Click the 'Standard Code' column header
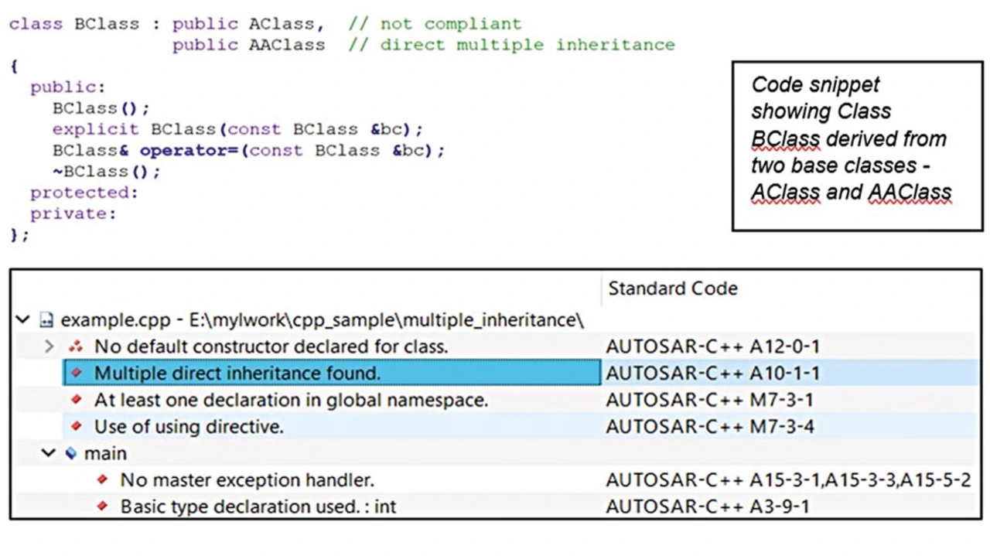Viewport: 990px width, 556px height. [673, 288]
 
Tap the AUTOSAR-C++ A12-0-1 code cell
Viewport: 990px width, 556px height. [713, 346]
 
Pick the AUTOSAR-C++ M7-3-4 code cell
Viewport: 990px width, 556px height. [710, 427]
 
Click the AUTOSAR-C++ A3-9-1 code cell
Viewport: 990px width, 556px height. [708, 507]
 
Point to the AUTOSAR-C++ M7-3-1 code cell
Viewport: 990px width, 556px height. [709, 400]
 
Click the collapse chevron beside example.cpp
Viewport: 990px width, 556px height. [22, 319]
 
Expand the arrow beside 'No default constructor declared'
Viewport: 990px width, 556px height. [49, 346]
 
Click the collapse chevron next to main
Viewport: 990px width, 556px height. [49, 453]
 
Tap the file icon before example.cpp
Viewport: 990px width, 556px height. [46, 320]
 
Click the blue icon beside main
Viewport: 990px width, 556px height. [70, 453]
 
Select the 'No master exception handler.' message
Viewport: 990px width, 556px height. [247, 480]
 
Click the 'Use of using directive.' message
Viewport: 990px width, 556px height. [189, 427]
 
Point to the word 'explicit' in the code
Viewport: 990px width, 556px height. [95, 129]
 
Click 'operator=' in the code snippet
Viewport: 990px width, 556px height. [189, 151]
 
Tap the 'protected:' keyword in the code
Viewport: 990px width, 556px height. [84, 193]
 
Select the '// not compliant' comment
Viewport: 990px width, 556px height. [435, 24]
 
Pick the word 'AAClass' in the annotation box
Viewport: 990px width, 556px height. [910, 193]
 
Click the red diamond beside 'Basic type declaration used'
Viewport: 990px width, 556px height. [103, 506]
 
